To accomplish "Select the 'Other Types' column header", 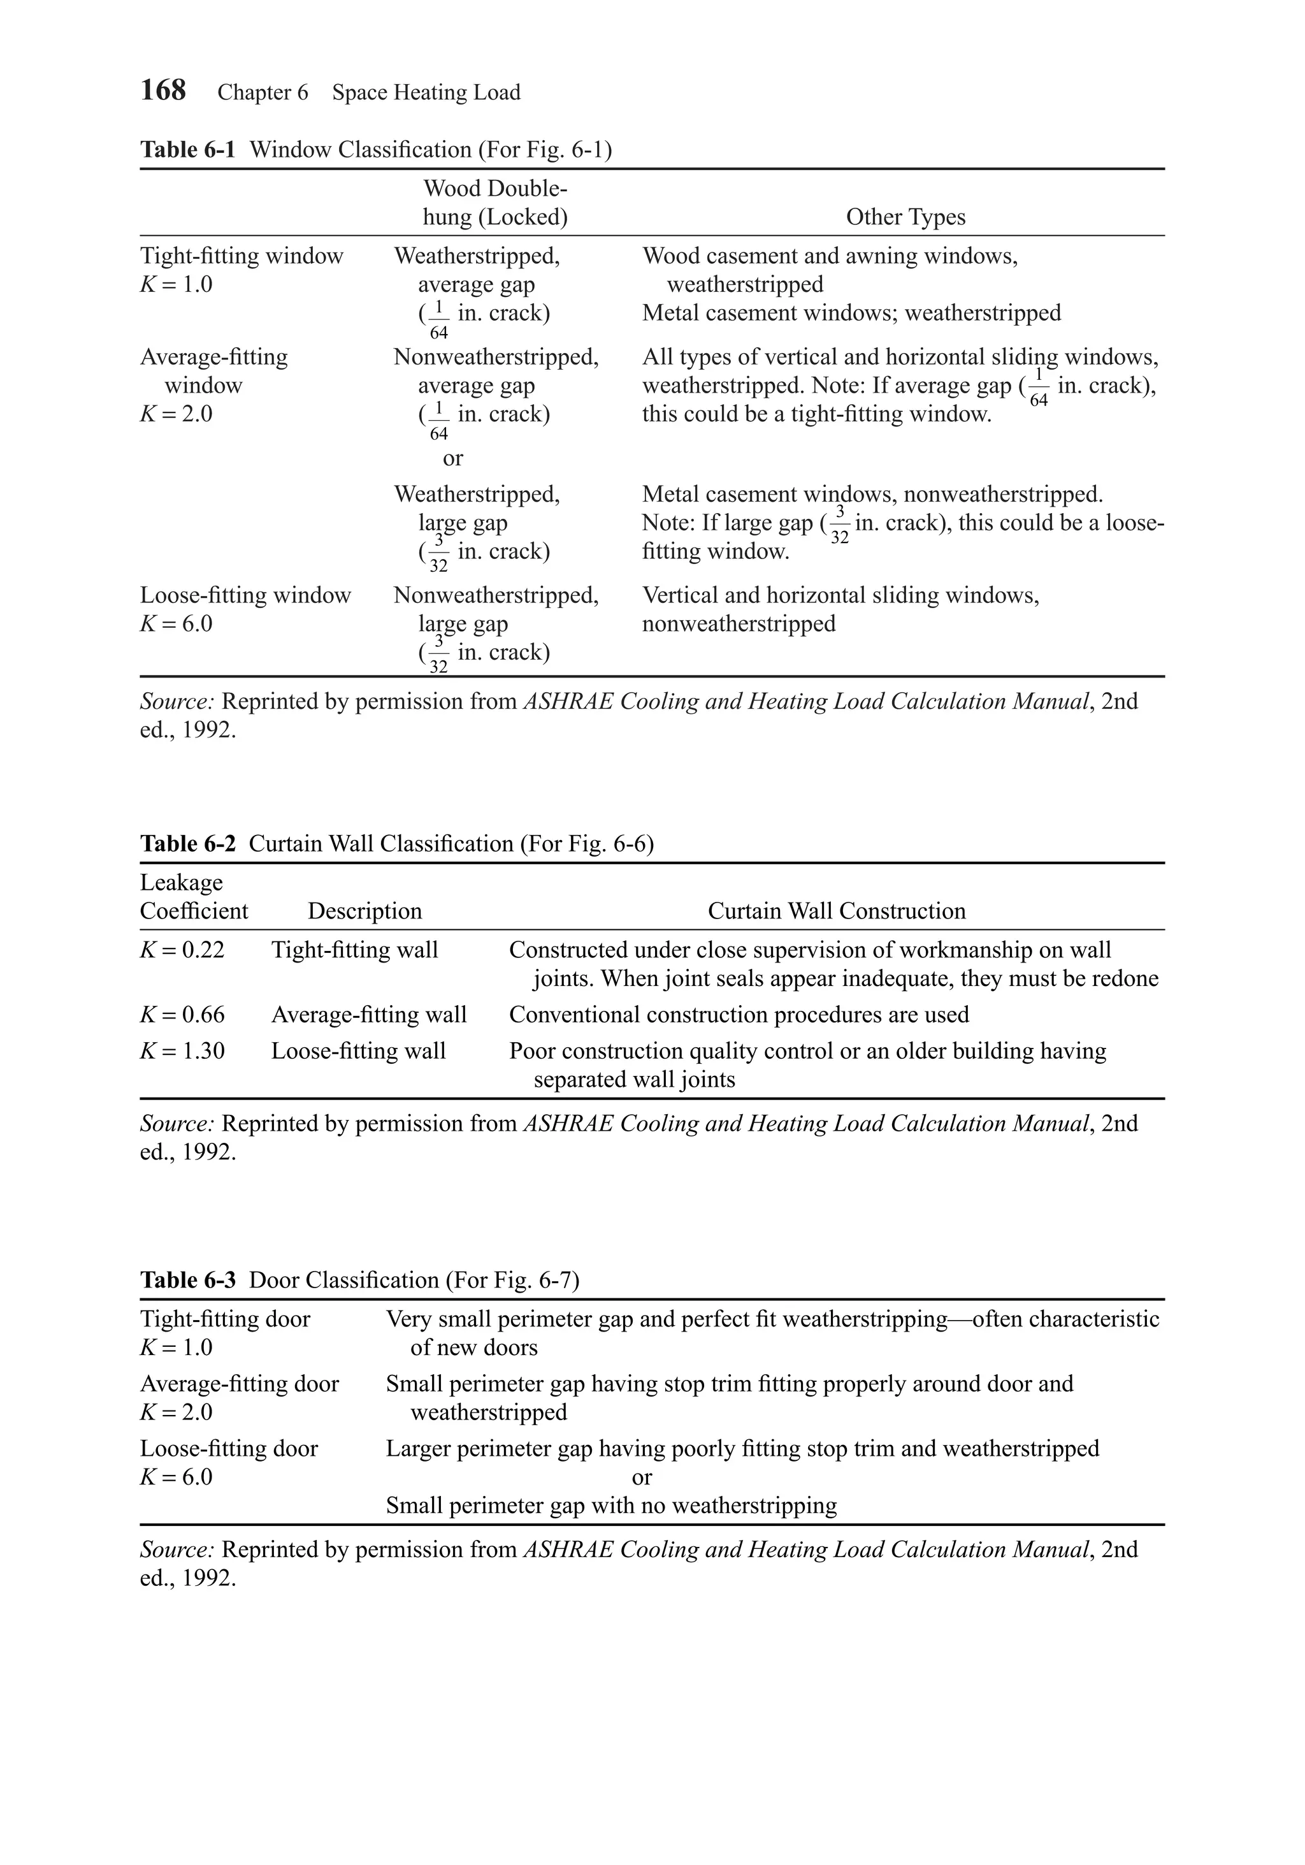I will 905,217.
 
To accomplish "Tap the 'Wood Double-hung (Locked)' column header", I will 495,203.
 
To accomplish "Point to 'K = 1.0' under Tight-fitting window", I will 177,284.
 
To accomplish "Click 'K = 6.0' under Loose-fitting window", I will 177,624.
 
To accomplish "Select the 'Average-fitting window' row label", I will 213,370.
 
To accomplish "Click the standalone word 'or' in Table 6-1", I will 452,458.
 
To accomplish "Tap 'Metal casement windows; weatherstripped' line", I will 851,313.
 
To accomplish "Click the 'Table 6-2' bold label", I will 187,843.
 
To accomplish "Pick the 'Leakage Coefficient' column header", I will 193,897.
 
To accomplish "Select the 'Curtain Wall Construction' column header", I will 837,911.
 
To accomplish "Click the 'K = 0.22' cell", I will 182,950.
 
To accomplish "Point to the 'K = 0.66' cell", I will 182,1015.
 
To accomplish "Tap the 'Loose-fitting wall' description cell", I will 358,1051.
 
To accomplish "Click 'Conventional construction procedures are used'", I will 739,1015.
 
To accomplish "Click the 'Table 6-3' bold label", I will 187,1280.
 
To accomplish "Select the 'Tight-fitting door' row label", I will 225,1319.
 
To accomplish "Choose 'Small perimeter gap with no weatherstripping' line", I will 610,1505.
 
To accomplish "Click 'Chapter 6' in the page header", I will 263,92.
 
